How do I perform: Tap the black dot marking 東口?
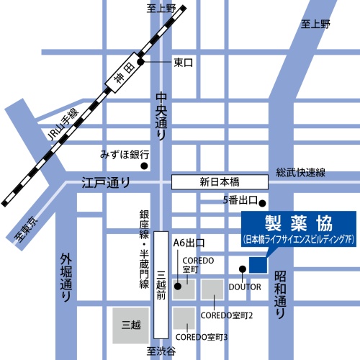pyautogui.click(x=141, y=62)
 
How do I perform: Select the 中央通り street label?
pyautogui.click(x=161, y=115)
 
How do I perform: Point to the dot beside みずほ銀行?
pyautogui.click(x=144, y=166)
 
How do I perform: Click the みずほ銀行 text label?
pyautogui.click(x=125, y=155)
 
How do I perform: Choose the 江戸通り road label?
pyautogui.click(x=105, y=182)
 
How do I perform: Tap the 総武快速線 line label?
pyautogui.click(x=301, y=173)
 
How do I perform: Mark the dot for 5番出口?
pyautogui.click(x=264, y=202)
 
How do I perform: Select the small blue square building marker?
pyautogui.click(x=257, y=264)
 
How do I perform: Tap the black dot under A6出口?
pyautogui.click(x=178, y=266)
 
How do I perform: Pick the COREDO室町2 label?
pyautogui.click(x=225, y=315)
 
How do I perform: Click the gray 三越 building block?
pyautogui.click(x=131, y=325)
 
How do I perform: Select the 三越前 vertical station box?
pyautogui.click(x=161, y=284)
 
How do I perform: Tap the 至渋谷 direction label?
pyautogui.click(x=161, y=351)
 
